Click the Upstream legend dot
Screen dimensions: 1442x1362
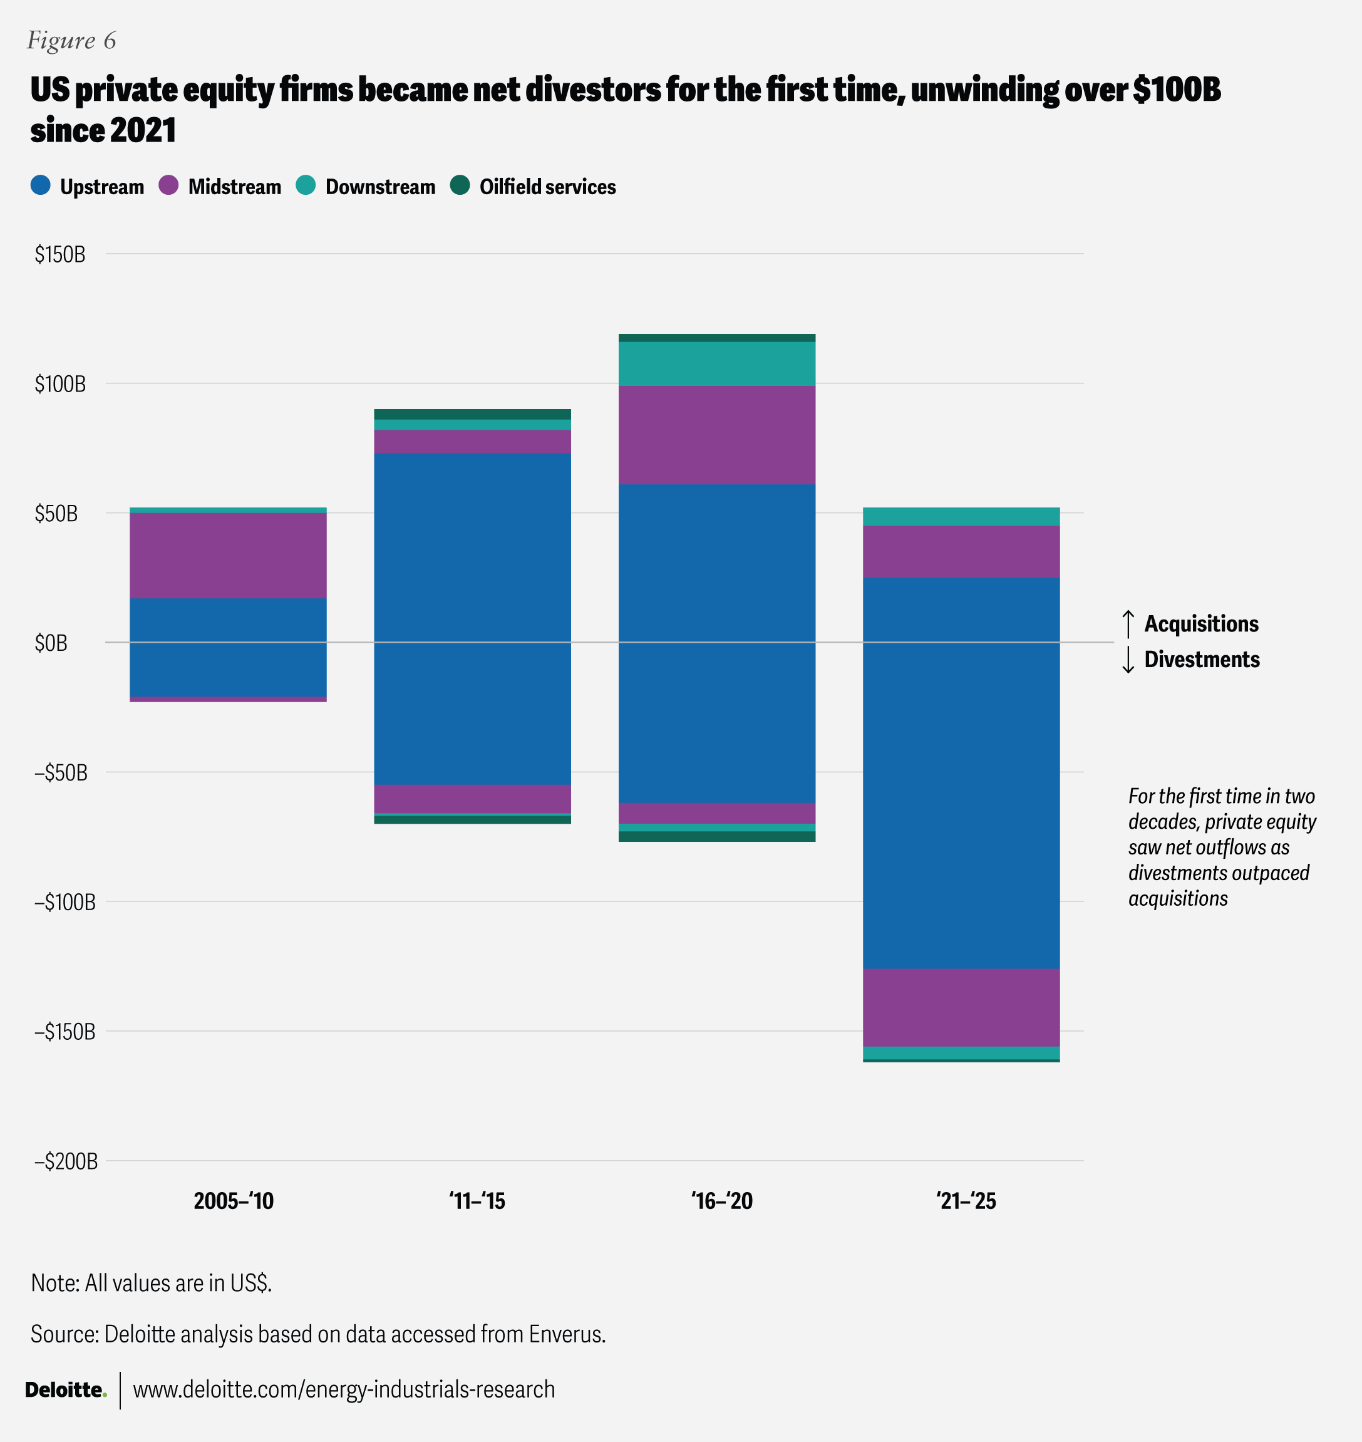pos(41,185)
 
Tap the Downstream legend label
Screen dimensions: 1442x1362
pos(379,187)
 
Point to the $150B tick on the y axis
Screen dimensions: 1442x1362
pos(59,254)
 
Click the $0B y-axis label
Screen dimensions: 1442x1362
pos(51,643)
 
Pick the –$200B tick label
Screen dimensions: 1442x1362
pos(65,1161)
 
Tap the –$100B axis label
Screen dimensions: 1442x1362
pos(64,902)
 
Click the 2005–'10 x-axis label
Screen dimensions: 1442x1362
pos(233,1201)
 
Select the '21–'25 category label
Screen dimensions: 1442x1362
pos(966,1201)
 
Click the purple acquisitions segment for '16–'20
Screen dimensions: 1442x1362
pos(716,434)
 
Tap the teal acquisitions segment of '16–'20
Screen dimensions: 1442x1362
pos(716,363)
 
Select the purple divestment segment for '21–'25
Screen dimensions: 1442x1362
pos(961,1007)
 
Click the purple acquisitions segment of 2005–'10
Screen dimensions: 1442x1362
pos(227,555)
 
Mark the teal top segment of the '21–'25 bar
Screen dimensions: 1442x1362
pos(961,516)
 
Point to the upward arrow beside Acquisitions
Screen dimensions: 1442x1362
pos(1128,624)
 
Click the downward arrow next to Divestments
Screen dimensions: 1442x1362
pos(1128,659)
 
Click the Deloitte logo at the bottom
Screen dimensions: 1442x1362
pos(65,1389)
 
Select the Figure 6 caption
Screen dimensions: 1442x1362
pos(71,41)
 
